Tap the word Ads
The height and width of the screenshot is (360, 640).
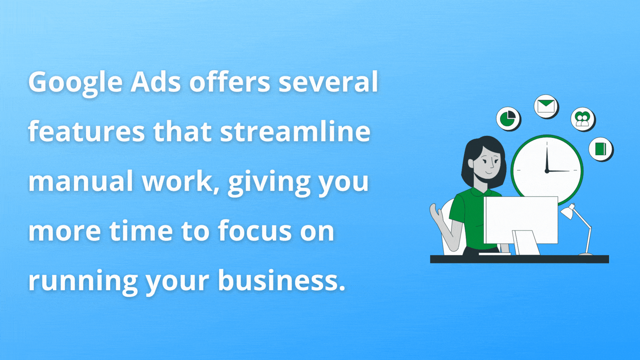156,82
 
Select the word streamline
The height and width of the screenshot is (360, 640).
295,131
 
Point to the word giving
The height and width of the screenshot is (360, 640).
269,183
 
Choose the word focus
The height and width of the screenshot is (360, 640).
255,230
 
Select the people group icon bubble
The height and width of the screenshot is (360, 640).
583,119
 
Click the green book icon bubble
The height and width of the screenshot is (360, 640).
601,149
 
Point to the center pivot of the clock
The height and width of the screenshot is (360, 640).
547,171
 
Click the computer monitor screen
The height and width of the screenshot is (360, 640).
521,220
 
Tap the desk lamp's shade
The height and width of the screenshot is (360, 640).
568,211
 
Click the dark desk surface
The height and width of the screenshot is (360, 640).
519,259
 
